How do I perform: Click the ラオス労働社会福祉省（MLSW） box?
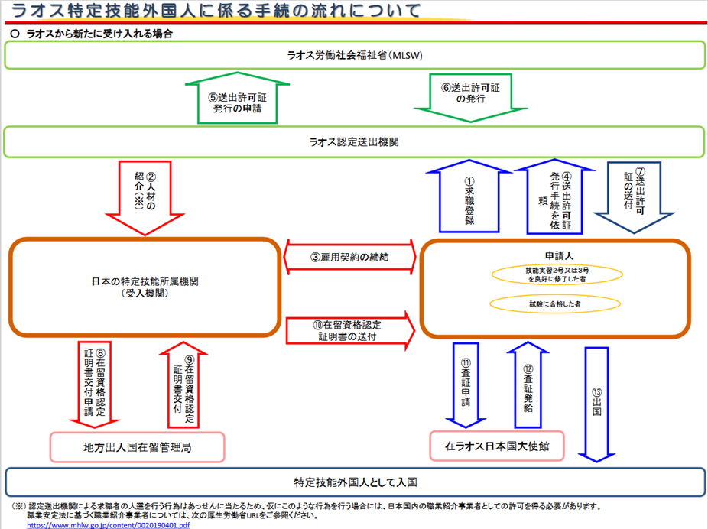354,56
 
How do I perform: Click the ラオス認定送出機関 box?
354,142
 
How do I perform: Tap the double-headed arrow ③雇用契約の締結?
349,257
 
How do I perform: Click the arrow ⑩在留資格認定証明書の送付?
349,331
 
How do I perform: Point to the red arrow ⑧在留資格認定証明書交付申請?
96,382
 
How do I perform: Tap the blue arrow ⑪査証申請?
466,385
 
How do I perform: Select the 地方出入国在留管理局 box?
138,447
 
